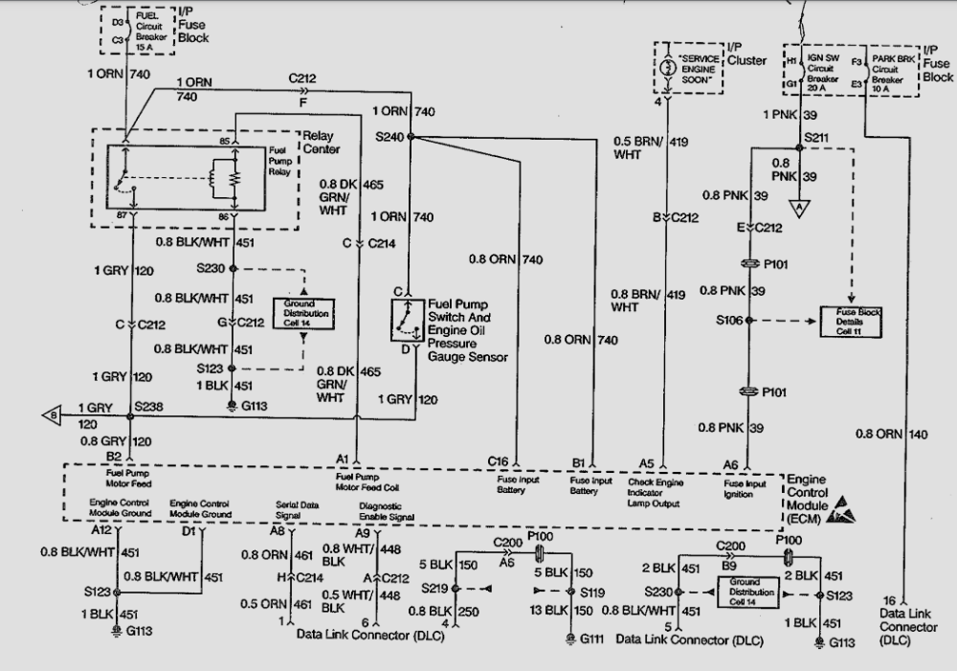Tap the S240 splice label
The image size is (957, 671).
click(390, 137)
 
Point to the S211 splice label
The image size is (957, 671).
click(816, 139)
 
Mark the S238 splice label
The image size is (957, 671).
click(149, 407)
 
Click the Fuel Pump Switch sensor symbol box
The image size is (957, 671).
click(408, 320)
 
